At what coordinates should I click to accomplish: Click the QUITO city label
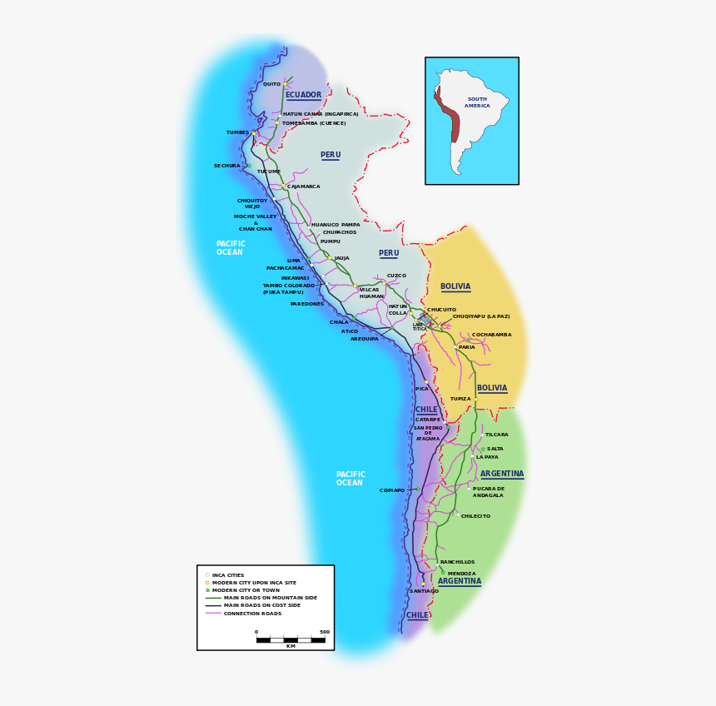[x=271, y=84]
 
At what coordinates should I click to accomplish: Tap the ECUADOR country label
[x=303, y=95]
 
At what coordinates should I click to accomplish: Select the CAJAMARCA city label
[x=303, y=186]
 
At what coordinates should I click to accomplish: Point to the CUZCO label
[x=396, y=276]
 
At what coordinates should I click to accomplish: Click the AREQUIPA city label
[x=364, y=339]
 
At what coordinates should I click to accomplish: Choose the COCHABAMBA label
[x=492, y=335]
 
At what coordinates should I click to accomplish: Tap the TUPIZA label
[x=460, y=399]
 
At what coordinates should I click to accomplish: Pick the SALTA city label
[x=495, y=449]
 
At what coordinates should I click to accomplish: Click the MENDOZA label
[x=461, y=574]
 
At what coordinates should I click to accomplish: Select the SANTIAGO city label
[x=424, y=591]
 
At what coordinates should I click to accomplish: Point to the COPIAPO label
[x=392, y=490]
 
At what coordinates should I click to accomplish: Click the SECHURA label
[x=226, y=166]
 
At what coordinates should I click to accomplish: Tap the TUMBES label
[x=237, y=132]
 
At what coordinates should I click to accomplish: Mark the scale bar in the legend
[x=291, y=639]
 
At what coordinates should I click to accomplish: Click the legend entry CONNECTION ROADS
[x=252, y=614]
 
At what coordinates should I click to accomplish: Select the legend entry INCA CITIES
[x=227, y=575]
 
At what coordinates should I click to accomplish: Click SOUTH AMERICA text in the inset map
[x=477, y=102]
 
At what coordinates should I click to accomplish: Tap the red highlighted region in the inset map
[x=450, y=117]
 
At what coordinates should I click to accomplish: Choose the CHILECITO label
[x=475, y=516]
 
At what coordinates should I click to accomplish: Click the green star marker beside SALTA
[x=483, y=449]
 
